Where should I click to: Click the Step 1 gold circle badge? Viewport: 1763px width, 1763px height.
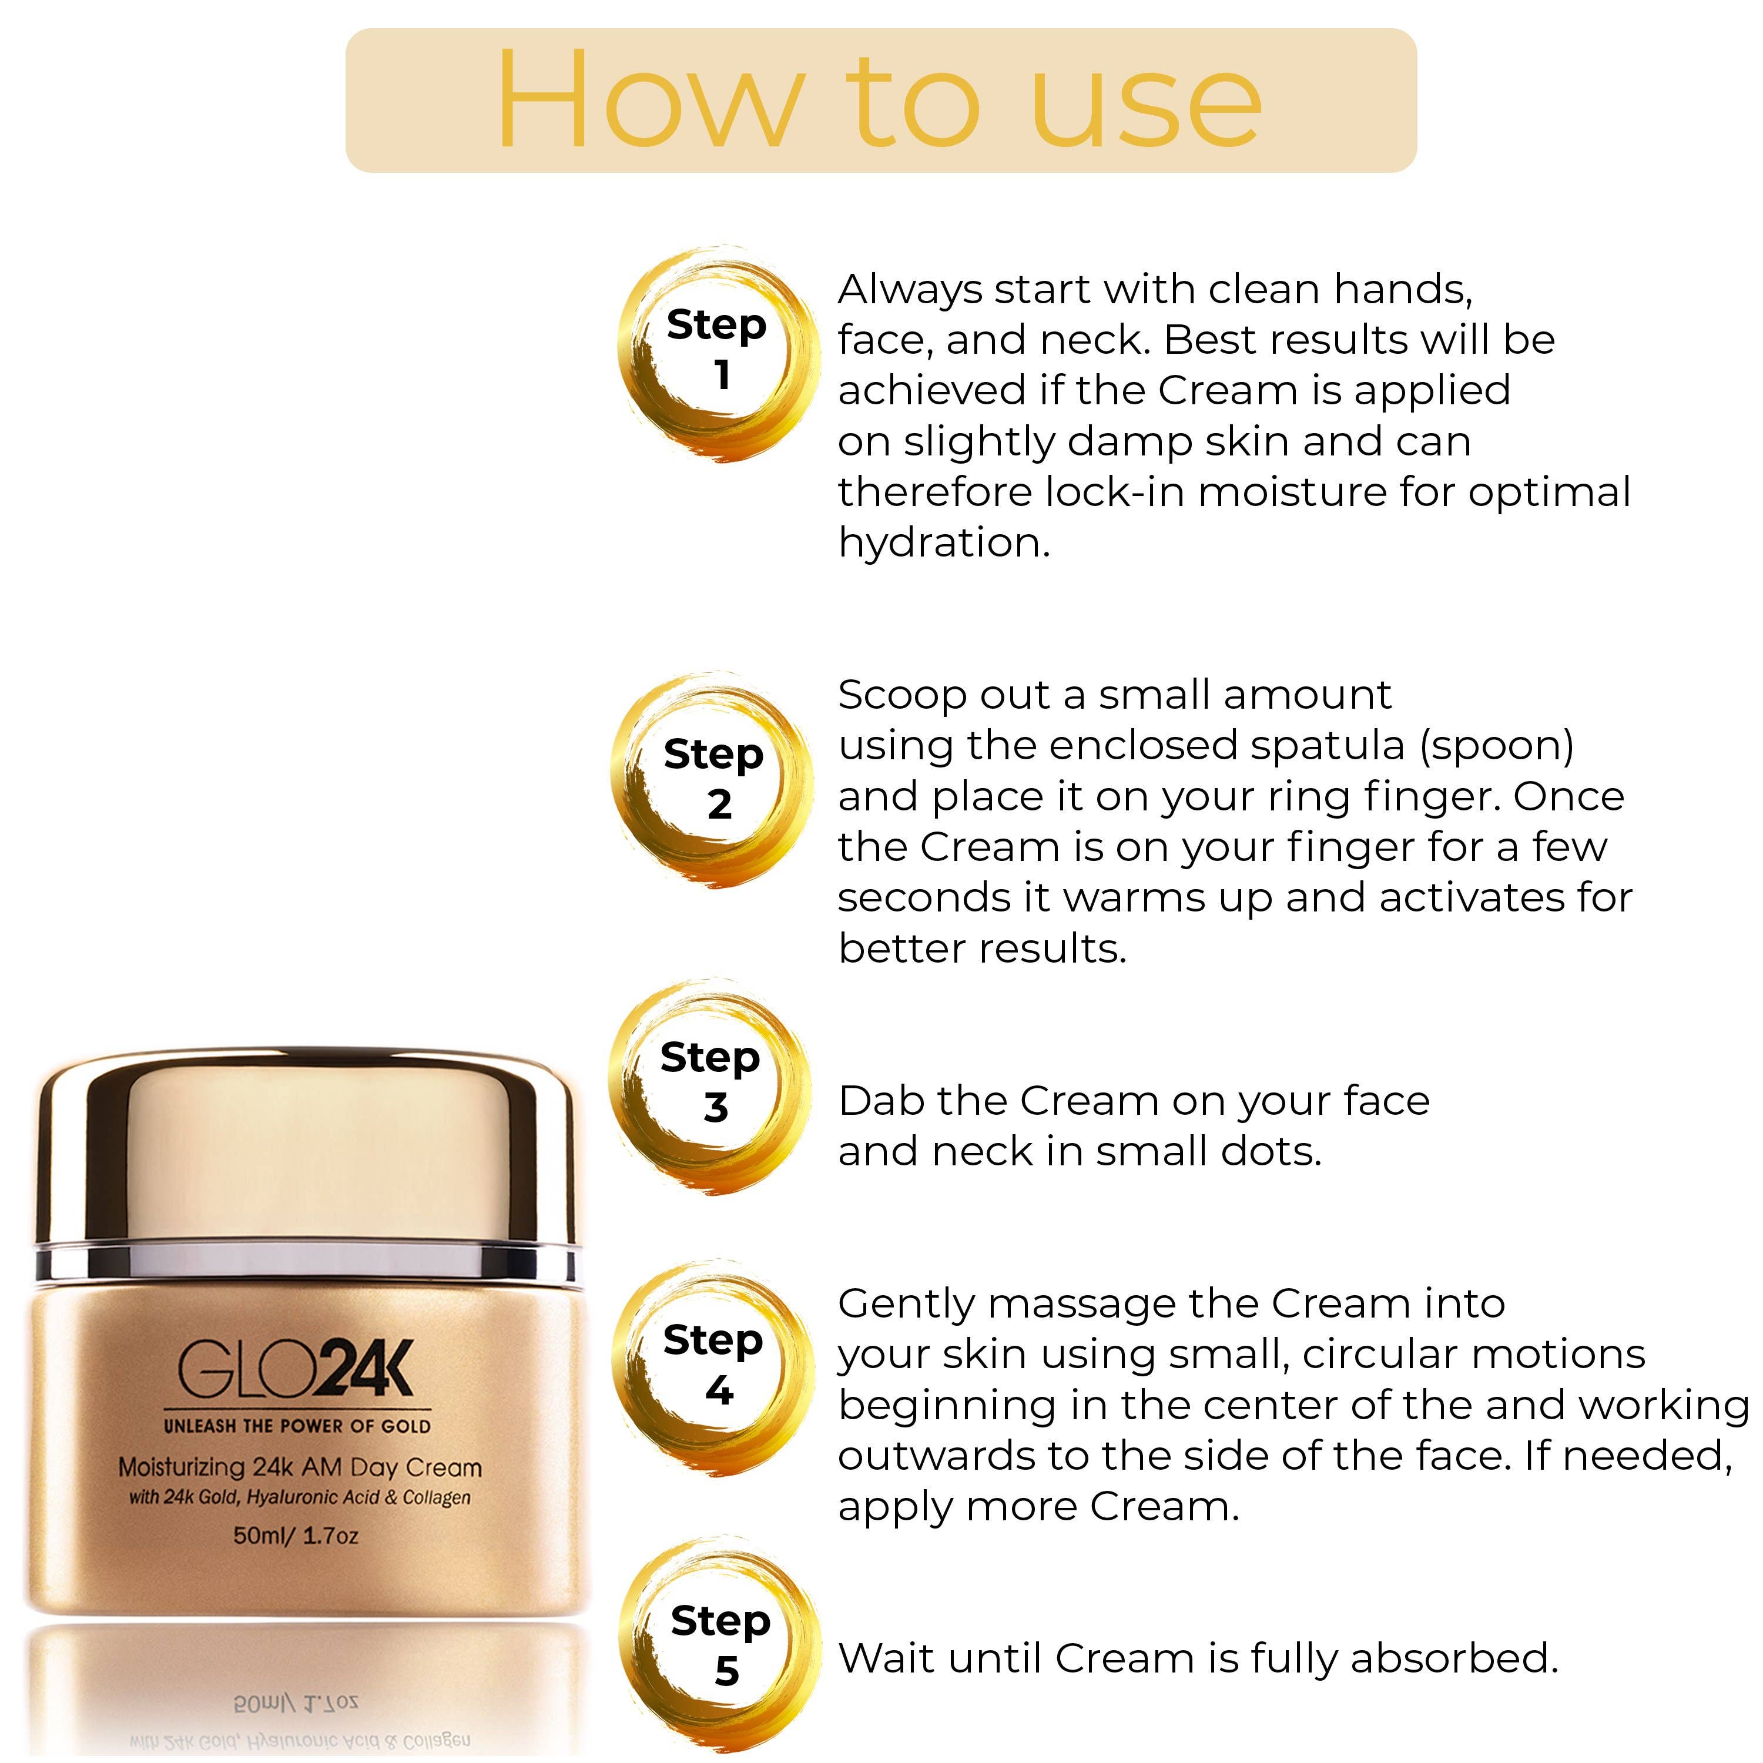coord(716,351)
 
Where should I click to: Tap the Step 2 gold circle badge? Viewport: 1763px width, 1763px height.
coord(713,780)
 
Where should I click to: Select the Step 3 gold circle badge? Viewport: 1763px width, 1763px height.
coord(711,1084)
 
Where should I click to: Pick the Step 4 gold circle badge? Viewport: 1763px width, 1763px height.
coord(713,1366)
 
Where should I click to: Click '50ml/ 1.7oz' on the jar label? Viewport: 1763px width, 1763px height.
coord(297,1536)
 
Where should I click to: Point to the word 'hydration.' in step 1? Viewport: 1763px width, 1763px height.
coord(944,544)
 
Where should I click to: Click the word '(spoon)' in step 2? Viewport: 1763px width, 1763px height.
coord(1497,746)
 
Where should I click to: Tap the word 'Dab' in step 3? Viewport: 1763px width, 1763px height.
coord(880,1101)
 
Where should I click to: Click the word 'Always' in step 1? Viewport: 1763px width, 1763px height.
coord(909,290)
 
